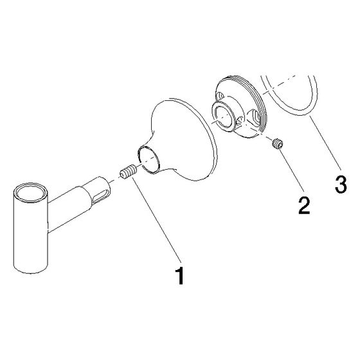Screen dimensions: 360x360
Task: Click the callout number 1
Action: point(180,276)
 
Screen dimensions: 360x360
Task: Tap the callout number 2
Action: point(304,206)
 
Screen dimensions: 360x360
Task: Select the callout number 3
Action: point(341,184)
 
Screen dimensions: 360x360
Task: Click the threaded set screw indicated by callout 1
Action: point(129,172)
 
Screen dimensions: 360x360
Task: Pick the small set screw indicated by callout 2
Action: point(277,144)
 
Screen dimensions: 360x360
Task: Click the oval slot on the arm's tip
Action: point(100,197)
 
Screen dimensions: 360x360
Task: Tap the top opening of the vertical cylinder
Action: point(30,192)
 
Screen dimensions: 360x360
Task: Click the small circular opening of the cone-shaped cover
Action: point(148,159)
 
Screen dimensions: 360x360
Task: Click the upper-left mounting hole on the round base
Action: point(220,96)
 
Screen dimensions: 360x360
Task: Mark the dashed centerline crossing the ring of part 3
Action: point(279,84)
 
